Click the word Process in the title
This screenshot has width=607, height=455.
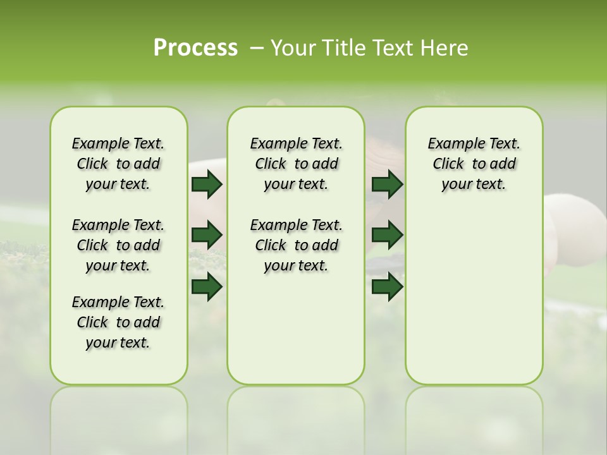click(x=195, y=48)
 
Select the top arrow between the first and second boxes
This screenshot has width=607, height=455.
click(x=207, y=184)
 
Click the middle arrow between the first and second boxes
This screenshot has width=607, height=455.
click(x=207, y=235)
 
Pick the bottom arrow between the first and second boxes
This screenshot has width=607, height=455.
click(x=207, y=287)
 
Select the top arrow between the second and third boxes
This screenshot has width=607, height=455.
click(x=387, y=184)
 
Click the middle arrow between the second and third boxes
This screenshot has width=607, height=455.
click(x=387, y=235)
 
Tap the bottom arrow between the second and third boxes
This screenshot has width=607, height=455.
click(x=387, y=287)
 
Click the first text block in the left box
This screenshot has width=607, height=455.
click(x=118, y=164)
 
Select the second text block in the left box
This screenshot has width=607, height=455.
click(x=118, y=245)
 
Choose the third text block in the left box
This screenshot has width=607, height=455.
click(x=118, y=322)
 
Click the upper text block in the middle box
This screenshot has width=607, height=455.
click(x=296, y=164)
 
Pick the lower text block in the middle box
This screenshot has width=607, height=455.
click(x=296, y=245)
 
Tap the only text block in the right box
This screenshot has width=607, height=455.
click(x=474, y=164)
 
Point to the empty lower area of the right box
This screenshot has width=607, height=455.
click(x=474, y=297)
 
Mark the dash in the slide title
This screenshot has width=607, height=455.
click(x=257, y=48)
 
